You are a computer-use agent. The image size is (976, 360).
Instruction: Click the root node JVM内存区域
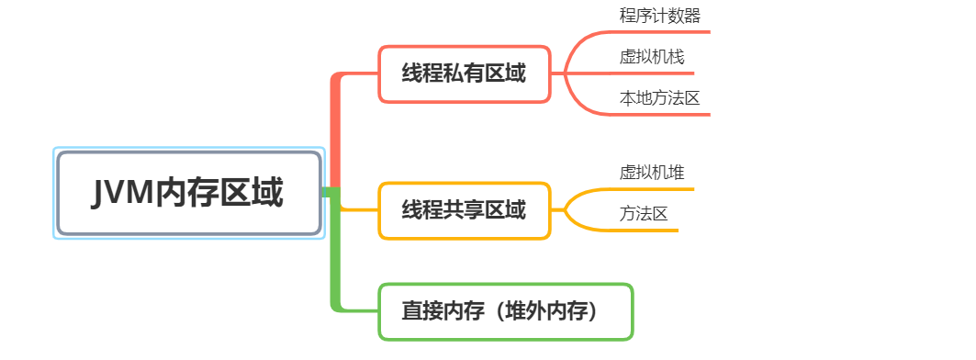[189, 193]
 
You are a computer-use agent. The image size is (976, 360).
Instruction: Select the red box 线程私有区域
[464, 73]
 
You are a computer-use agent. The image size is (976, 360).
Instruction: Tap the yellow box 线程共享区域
[464, 210]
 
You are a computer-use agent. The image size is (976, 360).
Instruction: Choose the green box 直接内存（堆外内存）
[505, 311]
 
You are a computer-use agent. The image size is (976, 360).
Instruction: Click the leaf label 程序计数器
[660, 16]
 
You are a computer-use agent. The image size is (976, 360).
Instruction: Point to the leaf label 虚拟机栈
[651, 57]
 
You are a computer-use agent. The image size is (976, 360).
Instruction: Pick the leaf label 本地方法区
[659, 98]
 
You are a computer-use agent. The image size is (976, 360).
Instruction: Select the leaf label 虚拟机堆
[651, 173]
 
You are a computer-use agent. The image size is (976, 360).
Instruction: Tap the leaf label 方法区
[643, 214]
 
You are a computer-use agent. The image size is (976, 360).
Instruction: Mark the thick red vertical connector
[335, 129]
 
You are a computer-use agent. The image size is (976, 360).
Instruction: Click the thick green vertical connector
[335, 257]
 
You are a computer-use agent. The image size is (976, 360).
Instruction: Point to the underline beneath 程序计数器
[661, 32]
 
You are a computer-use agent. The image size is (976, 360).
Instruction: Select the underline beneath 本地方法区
[661, 115]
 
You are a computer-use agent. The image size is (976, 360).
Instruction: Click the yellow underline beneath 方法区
[643, 231]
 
